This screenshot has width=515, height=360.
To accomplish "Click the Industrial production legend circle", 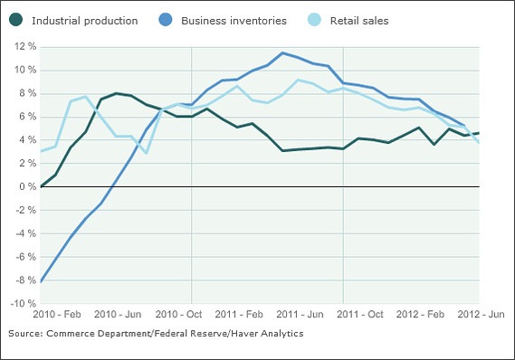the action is (15, 19).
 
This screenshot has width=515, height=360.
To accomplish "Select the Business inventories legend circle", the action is (166, 19).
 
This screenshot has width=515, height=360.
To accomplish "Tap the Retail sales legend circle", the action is (314, 19).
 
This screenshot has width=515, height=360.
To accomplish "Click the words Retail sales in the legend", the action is (359, 21).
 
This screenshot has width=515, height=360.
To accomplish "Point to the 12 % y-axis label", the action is (25, 46).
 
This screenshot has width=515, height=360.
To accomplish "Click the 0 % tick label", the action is (27, 186).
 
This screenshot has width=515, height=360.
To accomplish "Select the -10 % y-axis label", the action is (23, 303).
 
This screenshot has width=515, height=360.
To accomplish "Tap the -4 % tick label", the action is (25, 233).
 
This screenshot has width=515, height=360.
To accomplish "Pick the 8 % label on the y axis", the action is (27, 93).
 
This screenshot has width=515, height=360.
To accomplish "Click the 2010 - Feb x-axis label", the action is (57, 314).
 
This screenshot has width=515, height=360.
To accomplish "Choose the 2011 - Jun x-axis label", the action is (300, 314).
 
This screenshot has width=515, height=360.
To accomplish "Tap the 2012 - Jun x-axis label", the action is (481, 314).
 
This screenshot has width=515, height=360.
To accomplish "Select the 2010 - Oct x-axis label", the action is (178, 314).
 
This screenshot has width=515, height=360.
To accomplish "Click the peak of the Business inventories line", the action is (282, 52).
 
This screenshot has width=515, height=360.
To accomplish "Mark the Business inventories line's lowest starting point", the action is (41, 281).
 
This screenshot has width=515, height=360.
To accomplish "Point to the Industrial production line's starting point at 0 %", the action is (41, 186).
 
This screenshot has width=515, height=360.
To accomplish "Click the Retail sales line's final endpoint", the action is (479, 142).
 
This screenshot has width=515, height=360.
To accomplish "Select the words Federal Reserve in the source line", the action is (191, 334).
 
